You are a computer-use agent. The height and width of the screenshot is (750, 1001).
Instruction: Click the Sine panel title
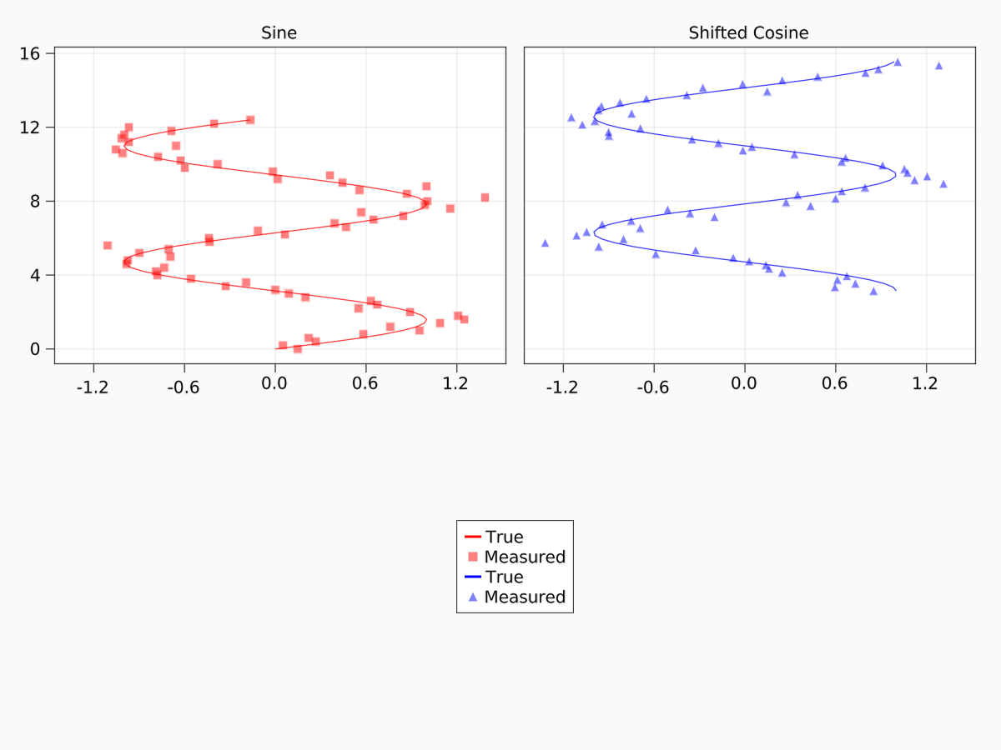point(279,33)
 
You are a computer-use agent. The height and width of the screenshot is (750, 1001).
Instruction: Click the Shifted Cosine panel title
point(748,33)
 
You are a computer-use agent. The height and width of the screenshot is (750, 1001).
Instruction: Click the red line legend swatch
point(473,537)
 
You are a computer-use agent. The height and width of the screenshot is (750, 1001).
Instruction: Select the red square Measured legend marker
point(473,557)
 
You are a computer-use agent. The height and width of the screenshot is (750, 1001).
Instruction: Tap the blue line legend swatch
point(473,577)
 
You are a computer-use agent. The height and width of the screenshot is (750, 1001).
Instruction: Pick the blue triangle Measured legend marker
point(473,597)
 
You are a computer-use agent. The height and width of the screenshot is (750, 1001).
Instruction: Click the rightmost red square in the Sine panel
point(485,197)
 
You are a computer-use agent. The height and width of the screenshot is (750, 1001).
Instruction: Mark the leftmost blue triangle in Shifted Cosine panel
point(545,243)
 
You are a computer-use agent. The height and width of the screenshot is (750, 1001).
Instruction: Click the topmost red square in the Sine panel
point(250,120)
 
